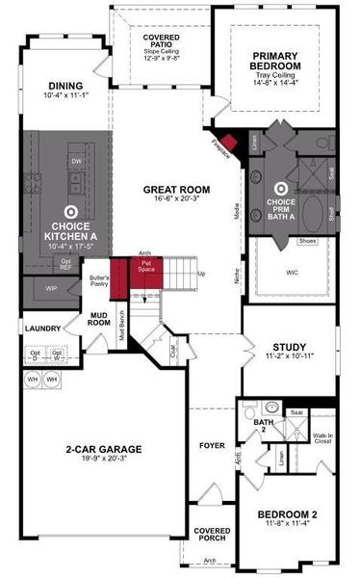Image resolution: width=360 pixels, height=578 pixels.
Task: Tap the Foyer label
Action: click(212, 446)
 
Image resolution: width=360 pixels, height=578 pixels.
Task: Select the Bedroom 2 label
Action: click(285, 518)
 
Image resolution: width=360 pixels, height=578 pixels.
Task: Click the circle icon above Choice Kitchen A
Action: click(70, 210)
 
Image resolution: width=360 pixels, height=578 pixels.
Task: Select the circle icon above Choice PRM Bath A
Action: click(281, 190)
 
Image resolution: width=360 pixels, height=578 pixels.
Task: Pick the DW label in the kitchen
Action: click(76, 161)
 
